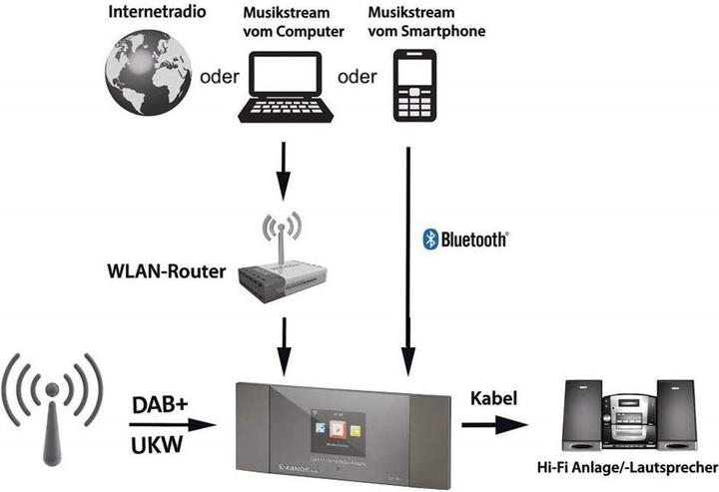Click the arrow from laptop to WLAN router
pyautogui.click(x=283, y=171)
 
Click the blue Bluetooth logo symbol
pyautogui.click(x=430, y=240)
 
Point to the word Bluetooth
pyautogui.click(x=474, y=240)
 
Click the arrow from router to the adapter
pyautogui.click(x=283, y=344)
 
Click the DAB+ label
pyautogui.click(x=160, y=405)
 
